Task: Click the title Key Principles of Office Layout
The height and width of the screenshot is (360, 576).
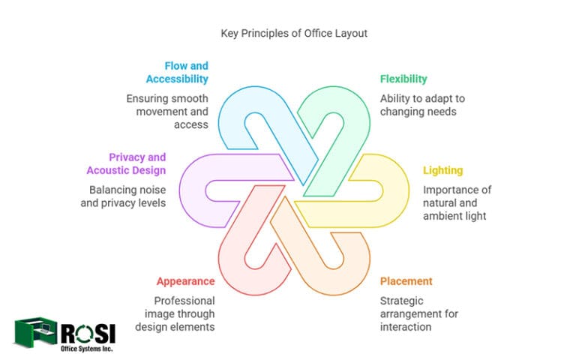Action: [x=288, y=34]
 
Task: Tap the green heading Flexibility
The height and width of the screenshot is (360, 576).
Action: [x=403, y=79]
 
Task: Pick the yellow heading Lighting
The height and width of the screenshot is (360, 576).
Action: [x=442, y=171]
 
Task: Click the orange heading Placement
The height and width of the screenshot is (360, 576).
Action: [x=406, y=281]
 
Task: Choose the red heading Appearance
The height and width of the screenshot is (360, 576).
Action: [x=185, y=281]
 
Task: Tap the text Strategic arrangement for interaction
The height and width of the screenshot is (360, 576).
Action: [x=418, y=313]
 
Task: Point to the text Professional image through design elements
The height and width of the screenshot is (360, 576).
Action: [x=175, y=313]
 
